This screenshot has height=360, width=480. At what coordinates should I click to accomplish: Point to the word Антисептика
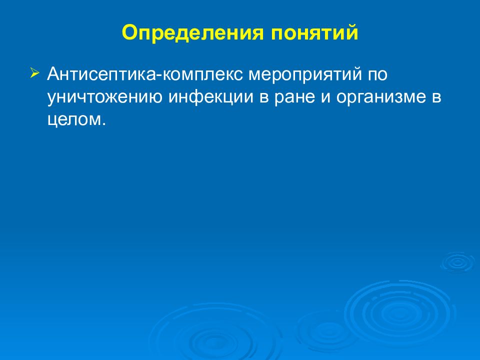coord(100,75)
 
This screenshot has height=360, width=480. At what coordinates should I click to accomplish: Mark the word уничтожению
coord(104,97)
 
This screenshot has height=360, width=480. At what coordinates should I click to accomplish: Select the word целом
coord(74,120)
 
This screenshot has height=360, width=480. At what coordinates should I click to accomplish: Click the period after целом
coord(104,124)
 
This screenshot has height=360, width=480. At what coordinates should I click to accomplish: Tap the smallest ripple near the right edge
coord(456,262)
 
